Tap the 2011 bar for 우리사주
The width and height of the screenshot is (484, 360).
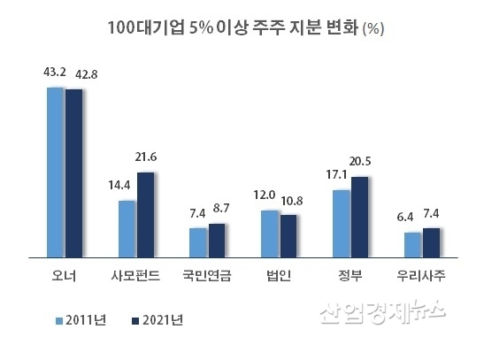412,244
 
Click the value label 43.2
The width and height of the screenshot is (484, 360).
55,71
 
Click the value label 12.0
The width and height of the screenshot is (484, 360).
269,195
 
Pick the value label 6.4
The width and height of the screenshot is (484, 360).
411,215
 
